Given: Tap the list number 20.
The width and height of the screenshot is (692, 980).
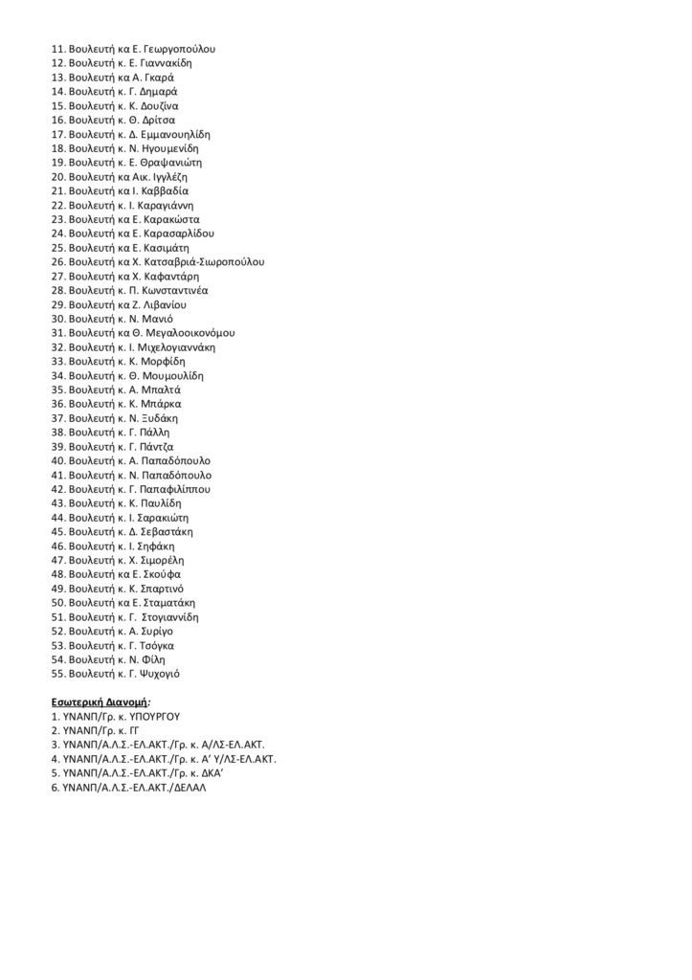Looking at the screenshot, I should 57,177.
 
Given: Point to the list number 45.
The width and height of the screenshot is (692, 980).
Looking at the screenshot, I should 57,532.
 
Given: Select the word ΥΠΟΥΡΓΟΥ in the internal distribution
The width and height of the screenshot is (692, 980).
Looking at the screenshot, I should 153,716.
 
